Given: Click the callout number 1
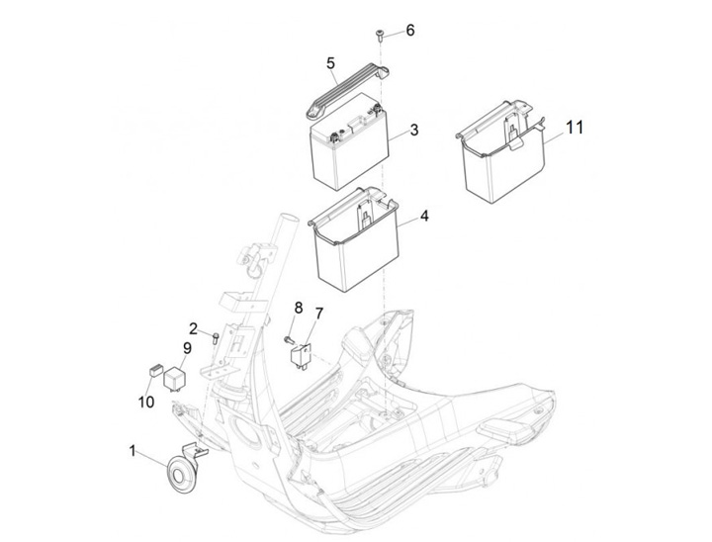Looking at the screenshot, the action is [133, 451].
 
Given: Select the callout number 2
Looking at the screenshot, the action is [194, 328].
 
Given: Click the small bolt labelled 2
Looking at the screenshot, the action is [216, 338].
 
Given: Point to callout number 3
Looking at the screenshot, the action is [413, 130].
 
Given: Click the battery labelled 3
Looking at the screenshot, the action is [349, 141].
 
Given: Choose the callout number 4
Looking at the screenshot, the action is [424, 216].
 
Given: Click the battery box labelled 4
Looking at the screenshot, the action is [354, 240].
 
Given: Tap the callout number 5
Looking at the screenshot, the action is [330, 63].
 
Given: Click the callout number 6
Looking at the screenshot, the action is [410, 30].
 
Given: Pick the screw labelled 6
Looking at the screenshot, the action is [380, 35].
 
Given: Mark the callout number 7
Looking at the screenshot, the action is [318, 313].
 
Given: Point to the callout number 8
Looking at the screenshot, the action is [298, 308].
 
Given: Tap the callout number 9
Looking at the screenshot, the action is [187, 348].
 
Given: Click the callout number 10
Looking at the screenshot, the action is [146, 402].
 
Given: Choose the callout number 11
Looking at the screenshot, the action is [574, 128].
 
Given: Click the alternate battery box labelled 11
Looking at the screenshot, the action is [500, 152].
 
